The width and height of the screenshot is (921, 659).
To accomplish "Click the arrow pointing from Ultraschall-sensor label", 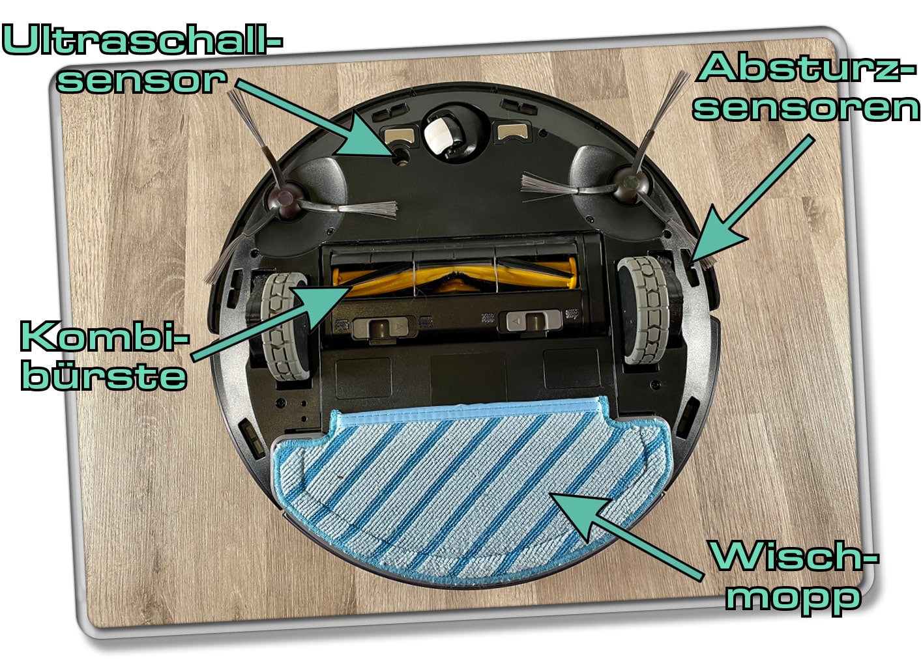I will (x=306, y=117).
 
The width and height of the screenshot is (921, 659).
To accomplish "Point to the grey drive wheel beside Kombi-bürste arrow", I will (x=283, y=326).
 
